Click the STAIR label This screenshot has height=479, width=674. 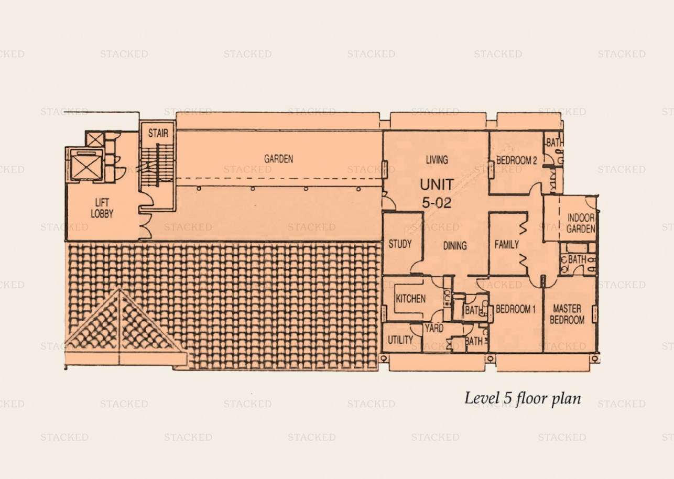[x=158, y=133]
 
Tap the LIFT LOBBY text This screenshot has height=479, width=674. [x=102, y=208]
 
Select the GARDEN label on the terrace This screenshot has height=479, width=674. [x=279, y=159]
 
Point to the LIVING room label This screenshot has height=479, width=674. [x=437, y=159]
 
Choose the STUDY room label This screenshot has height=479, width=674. [x=400, y=244]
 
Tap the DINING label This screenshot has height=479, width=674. [x=455, y=246]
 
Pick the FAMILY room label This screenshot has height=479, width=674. [x=507, y=245]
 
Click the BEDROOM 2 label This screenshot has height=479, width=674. [x=516, y=160]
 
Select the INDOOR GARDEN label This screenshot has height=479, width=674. [x=581, y=223]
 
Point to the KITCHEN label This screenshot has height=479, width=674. [x=410, y=299]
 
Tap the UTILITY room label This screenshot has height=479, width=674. [x=400, y=340]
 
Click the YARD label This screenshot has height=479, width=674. [x=434, y=328]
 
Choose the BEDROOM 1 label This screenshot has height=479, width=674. [x=516, y=309]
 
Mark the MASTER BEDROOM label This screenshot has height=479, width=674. [x=567, y=314]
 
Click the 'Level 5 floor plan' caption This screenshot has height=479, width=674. [x=523, y=399]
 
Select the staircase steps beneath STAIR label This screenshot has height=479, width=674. [x=157, y=164]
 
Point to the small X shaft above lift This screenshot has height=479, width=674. [x=94, y=139]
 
